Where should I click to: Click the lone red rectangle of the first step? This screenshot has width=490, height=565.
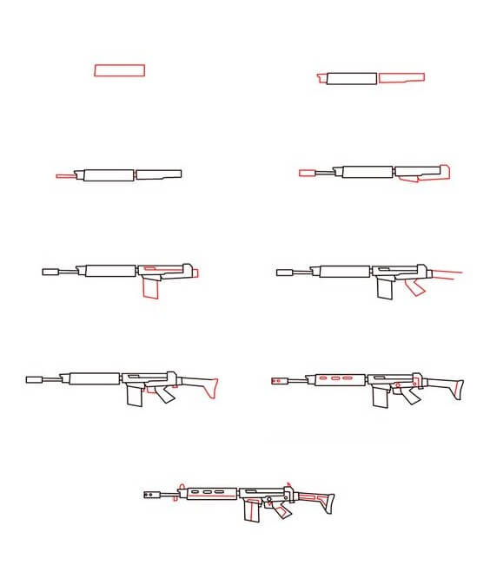click(120, 70)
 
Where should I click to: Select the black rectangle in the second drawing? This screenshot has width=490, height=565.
click(350, 78)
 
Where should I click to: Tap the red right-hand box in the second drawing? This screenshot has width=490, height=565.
click(401, 78)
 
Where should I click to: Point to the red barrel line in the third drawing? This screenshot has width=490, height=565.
click(67, 175)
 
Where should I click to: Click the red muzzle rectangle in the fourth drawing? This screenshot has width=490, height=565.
click(307, 173)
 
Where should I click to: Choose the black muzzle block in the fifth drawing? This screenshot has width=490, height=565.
click(50, 272)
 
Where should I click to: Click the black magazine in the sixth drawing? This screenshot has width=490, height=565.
click(384, 288)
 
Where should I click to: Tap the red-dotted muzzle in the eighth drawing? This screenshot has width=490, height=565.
click(279, 380)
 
